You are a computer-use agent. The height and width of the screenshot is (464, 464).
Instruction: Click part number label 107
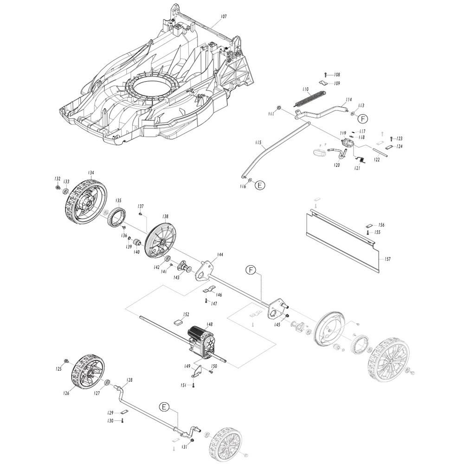pyautogui.click(x=224, y=17)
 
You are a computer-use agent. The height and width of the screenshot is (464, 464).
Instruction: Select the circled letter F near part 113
pyautogui.click(x=362, y=119)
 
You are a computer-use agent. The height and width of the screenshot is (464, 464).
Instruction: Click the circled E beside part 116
pyautogui.click(x=260, y=185)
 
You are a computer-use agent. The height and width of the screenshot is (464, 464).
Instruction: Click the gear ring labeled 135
pyautogui.click(x=116, y=217)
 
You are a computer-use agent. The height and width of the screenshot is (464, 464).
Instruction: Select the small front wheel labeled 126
pyautogui.click(x=88, y=372)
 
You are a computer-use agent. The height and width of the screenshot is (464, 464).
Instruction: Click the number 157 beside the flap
pyautogui.click(x=387, y=259)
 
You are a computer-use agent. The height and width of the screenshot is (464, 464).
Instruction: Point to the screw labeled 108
pyautogui.click(x=326, y=75)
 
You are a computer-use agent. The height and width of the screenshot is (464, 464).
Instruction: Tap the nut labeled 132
pyautogui.click(x=58, y=187)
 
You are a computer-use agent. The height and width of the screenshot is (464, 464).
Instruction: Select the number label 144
pyautogui.click(x=220, y=254)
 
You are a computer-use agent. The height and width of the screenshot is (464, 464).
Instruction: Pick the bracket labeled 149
pyautogui.click(x=196, y=371)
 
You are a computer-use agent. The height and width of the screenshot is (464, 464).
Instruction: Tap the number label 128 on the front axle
pyautogui.click(x=129, y=380)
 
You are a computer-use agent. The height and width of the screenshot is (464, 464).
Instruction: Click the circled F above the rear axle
pyautogui.click(x=251, y=270)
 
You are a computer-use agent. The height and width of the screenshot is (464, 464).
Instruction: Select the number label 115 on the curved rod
pyautogui.click(x=258, y=142)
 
